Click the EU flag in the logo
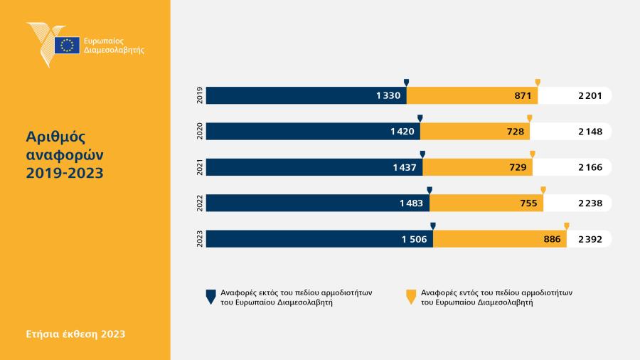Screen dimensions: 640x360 click(67, 45)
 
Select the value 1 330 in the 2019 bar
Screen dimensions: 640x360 click(388, 95)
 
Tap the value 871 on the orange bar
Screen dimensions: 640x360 click(523, 95)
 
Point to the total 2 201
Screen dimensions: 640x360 click(590, 95)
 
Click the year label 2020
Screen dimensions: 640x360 click(200, 131)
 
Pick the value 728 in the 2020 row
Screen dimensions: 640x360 click(516, 132)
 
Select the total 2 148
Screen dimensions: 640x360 click(590, 132)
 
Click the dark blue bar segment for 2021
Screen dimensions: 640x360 click(314, 167)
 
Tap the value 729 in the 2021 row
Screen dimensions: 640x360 click(518, 167)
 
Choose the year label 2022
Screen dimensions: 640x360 click(200, 203)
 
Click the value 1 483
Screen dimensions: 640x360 click(411, 203)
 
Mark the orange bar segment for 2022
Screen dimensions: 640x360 click(486, 203)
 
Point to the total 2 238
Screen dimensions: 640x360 click(590, 203)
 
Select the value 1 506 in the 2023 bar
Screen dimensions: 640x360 click(415, 239)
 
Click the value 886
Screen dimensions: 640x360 click(552, 239)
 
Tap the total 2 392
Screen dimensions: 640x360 click(590, 239)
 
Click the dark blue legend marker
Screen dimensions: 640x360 click(210, 297)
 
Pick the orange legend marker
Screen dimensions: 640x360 click(411, 297)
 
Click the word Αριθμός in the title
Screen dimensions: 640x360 click(55, 137)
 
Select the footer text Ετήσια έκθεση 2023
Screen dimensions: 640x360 click(75, 334)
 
